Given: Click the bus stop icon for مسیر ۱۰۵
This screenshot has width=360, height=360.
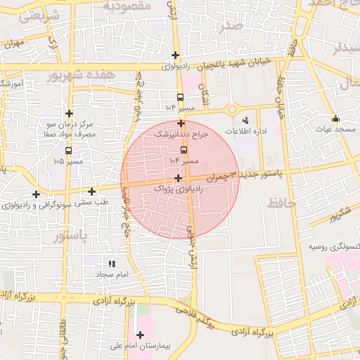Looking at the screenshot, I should click(x=68, y=150).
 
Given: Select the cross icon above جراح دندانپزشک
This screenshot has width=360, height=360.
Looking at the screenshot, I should click(x=181, y=123).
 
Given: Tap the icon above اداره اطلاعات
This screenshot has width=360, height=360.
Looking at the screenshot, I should click(x=245, y=120).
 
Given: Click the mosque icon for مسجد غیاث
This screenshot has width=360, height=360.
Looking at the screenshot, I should click(x=335, y=118).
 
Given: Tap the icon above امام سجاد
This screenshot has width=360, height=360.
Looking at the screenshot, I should click(x=111, y=264).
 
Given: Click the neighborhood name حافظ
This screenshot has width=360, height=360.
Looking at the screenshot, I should click(x=281, y=205).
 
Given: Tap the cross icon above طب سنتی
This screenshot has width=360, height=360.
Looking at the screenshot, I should click(x=92, y=191).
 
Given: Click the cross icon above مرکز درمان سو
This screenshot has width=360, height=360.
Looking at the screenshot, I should click(x=69, y=112).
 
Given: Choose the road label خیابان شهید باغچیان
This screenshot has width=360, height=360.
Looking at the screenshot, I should click(x=233, y=63).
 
